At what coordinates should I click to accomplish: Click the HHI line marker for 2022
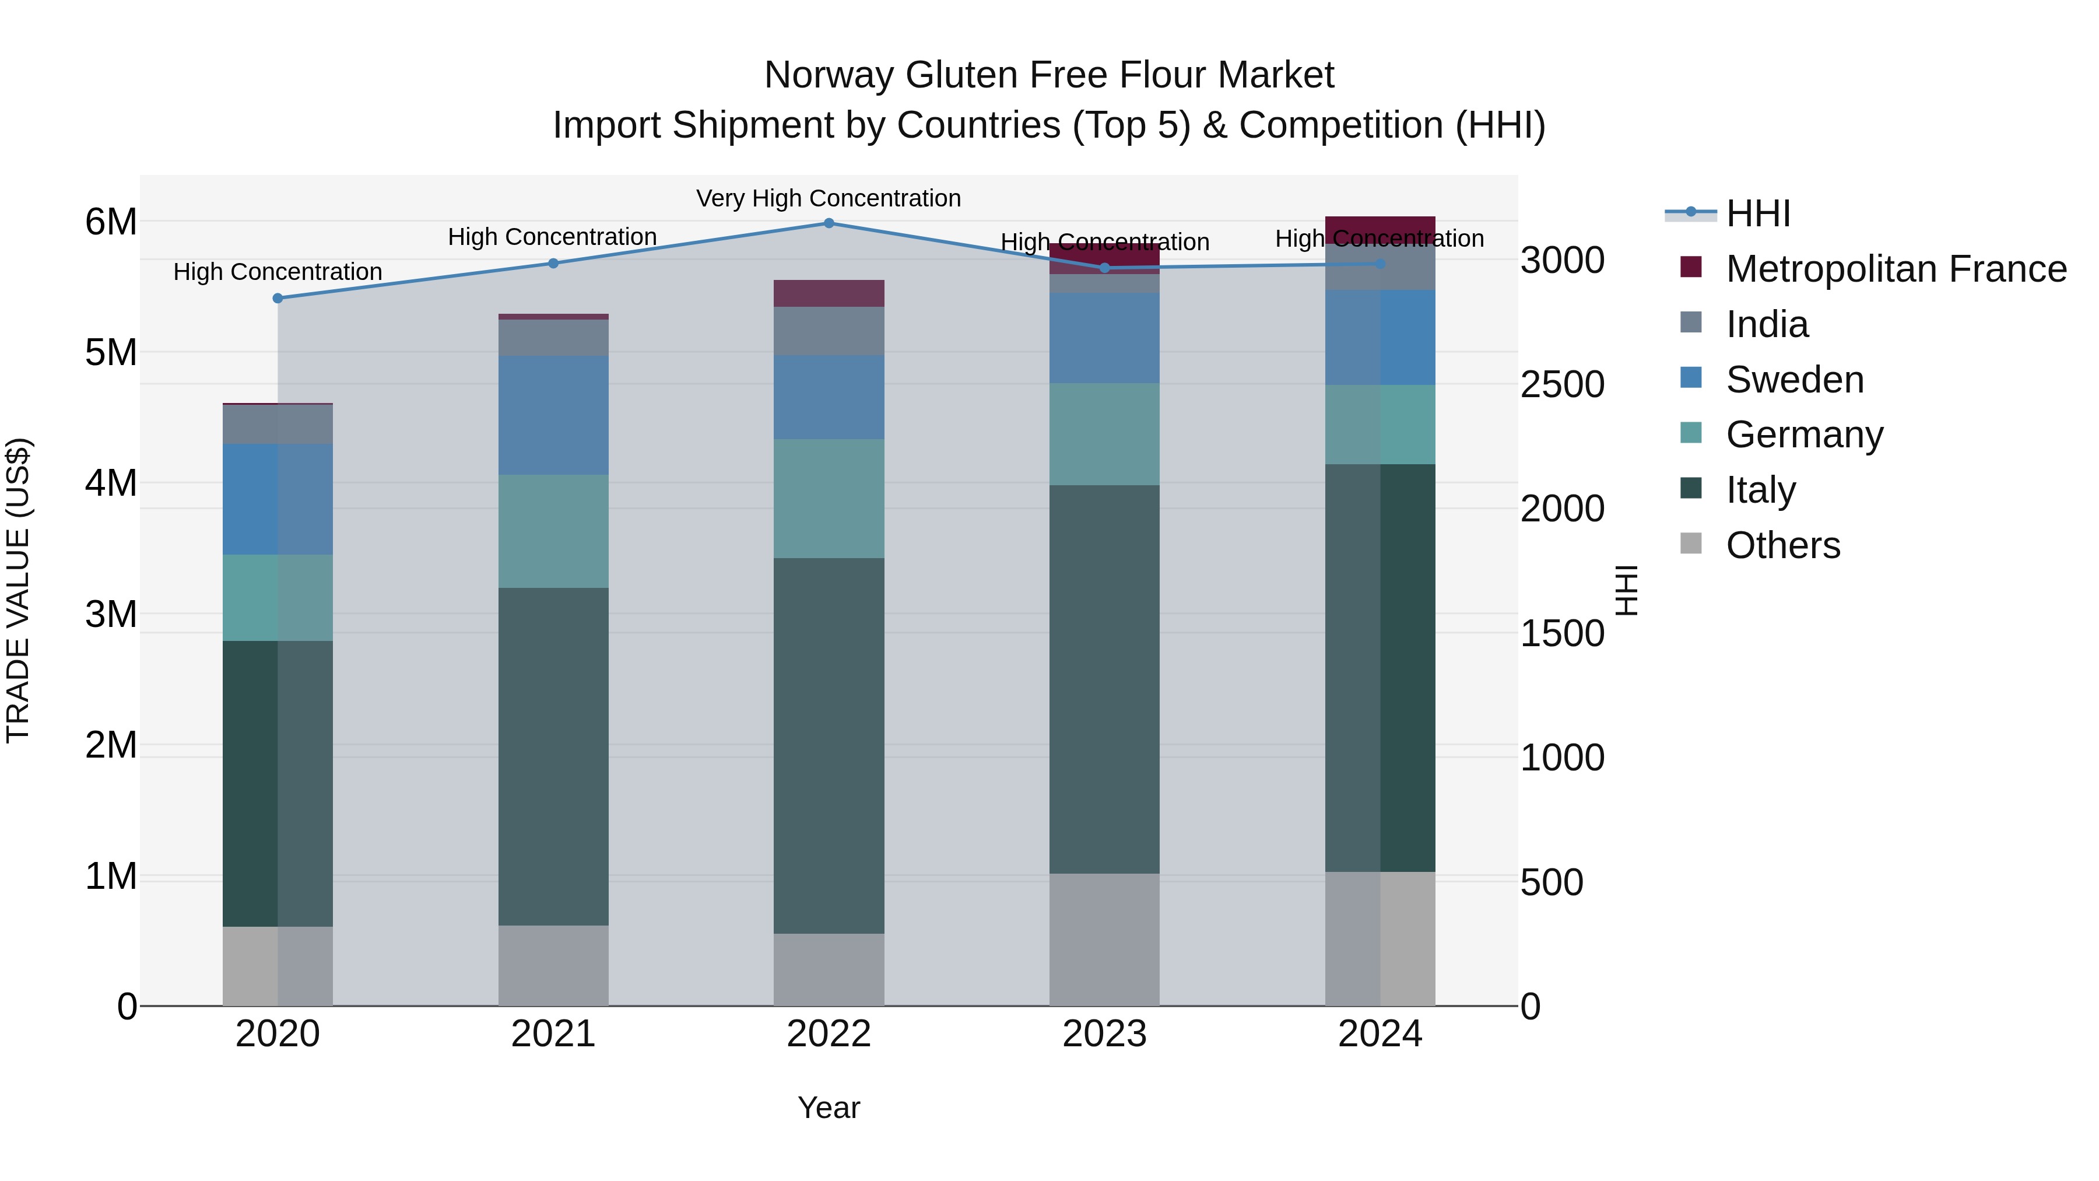click(x=829, y=223)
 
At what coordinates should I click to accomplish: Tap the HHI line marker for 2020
click(x=278, y=298)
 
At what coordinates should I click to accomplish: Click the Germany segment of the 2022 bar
click(x=829, y=498)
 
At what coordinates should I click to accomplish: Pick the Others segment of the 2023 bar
click(x=1104, y=939)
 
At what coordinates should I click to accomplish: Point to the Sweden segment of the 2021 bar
click(x=553, y=415)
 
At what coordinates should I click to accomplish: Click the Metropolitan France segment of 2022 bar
click(x=829, y=293)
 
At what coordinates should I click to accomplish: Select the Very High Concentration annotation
click(x=829, y=198)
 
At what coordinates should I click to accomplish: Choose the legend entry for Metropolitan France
click(x=1896, y=269)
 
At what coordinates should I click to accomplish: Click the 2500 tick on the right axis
click(x=1562, y=385)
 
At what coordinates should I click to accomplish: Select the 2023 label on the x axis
click(x=1104, y=1034)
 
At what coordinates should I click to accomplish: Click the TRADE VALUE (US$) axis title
click(x=18, y=590)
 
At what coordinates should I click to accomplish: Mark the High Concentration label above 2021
click(x=553, y=237)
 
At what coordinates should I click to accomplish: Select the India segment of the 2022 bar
click(x=829, y=331)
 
